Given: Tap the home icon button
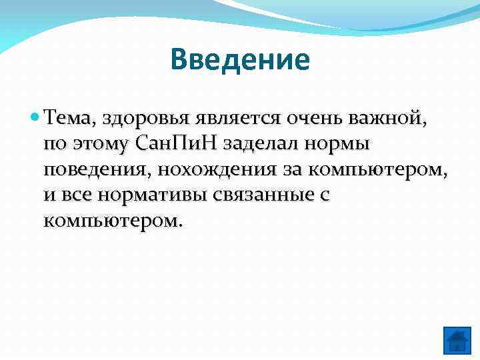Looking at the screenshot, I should [457, 340].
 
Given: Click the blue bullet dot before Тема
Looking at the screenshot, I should [35, 118].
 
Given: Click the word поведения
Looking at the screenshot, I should [97, 169].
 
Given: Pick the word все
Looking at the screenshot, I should [73, 195].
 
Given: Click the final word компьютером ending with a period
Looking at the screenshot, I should [112, 220].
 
